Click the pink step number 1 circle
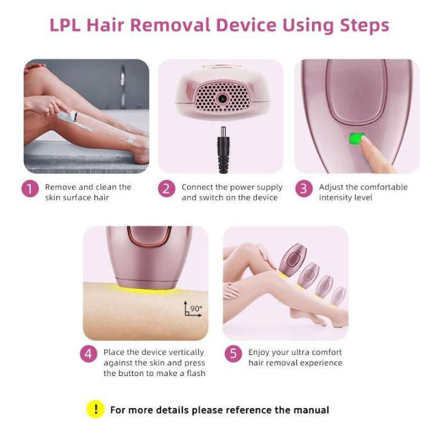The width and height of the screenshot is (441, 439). pyautogui.click(x=31, y=189)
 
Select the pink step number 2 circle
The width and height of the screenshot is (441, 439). pyautogui.click(x=167, y=189)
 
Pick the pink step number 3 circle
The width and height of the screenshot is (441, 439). pyautogui.click(x=304, y=189)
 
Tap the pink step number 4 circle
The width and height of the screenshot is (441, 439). pyautogui.click(x=89, y=354)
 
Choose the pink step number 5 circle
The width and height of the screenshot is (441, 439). pyautogui.click(x=233, y=354)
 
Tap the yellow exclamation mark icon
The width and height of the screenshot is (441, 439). pyautogui.click(x=95, y=409)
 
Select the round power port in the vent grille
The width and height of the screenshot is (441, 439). pyautogui.click(x=223, y=97)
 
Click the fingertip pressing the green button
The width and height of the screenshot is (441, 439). pyautogui.click(x=365, y=140)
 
